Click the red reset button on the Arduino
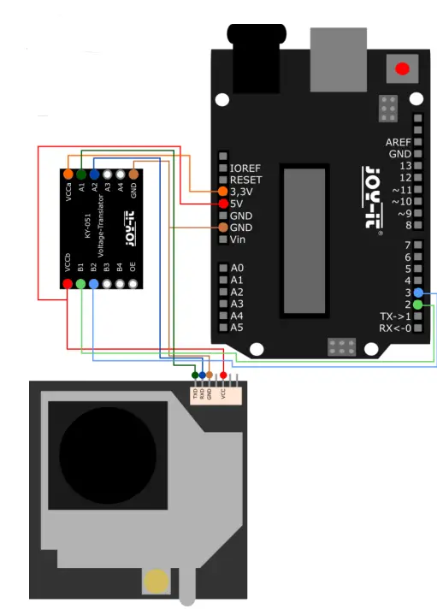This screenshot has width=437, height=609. tap(400, 68)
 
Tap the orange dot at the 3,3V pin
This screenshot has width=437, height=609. tap(223, 192)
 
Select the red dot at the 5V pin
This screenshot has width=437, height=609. tap(223, 204)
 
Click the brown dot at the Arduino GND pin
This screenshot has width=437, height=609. tap(223, 228)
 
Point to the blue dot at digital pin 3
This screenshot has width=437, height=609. tap(417, 293)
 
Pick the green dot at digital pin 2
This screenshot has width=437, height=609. tap(417, 304)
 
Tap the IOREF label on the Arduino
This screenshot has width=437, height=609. tap(246, 168)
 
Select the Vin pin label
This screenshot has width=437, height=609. tap(239, 239)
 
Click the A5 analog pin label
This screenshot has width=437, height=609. tap(237, 328)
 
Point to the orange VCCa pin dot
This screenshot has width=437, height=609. tap(68, 174)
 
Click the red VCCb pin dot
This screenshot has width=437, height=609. tap(68, 283)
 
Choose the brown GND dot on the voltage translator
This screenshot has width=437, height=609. tap(133, 174)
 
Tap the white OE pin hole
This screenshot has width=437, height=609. tap(133, 283)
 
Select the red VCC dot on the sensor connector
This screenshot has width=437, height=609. tap(224, 375)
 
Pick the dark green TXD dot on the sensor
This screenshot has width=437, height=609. tap(196, 375)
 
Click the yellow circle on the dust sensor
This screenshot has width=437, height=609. tap(156, 582)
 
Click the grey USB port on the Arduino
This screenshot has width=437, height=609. tap(338, 54)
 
